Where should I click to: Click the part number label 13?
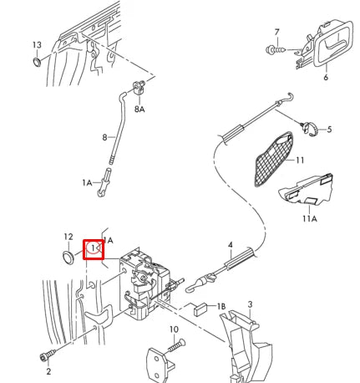pos(36,43)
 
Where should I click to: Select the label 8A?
pos(140,109)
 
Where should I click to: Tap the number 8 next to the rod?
pos(105,136)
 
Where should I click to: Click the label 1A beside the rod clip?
pos(86,182)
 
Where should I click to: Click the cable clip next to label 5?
pos(308,127)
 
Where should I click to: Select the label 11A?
pos(309,219)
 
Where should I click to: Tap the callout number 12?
pos(68,237)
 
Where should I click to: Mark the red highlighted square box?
pos(94,249)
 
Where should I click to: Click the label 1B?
pos(221,307)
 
